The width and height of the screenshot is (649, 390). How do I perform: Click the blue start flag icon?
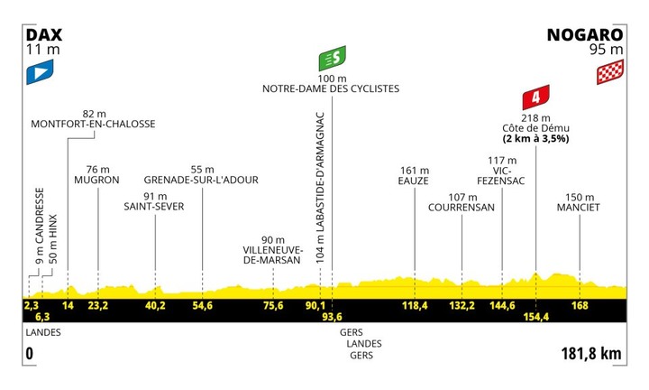[40, 72]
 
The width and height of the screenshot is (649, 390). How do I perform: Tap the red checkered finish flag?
[610, 72]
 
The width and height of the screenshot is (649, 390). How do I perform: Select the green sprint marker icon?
[332, 59]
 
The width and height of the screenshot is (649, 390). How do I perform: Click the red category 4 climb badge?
[536, 97]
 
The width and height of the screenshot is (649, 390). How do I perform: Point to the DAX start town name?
[44, 35]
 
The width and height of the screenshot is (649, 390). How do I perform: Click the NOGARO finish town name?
[585, 35]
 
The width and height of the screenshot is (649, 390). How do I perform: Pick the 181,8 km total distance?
[591, 354]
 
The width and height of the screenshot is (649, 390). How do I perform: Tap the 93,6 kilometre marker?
[332, 317]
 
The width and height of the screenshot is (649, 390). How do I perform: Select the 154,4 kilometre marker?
[536, 317]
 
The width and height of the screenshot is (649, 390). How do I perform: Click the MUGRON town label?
[96, 180]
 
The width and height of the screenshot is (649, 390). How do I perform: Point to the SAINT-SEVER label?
[154, 207]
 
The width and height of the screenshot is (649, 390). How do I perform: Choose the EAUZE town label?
[414, 181]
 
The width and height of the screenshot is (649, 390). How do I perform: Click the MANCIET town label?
[578, 208]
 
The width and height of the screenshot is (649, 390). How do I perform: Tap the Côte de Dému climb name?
[536, 128]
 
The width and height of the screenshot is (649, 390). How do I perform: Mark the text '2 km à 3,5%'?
[536, 138]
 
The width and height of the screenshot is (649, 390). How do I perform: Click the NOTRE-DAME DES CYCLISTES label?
[331, 88]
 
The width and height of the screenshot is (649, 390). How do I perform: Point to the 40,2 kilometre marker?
[156, 306]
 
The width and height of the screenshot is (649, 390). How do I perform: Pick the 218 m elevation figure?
[536, 118]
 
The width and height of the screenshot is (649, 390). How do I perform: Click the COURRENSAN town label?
[462, 208]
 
